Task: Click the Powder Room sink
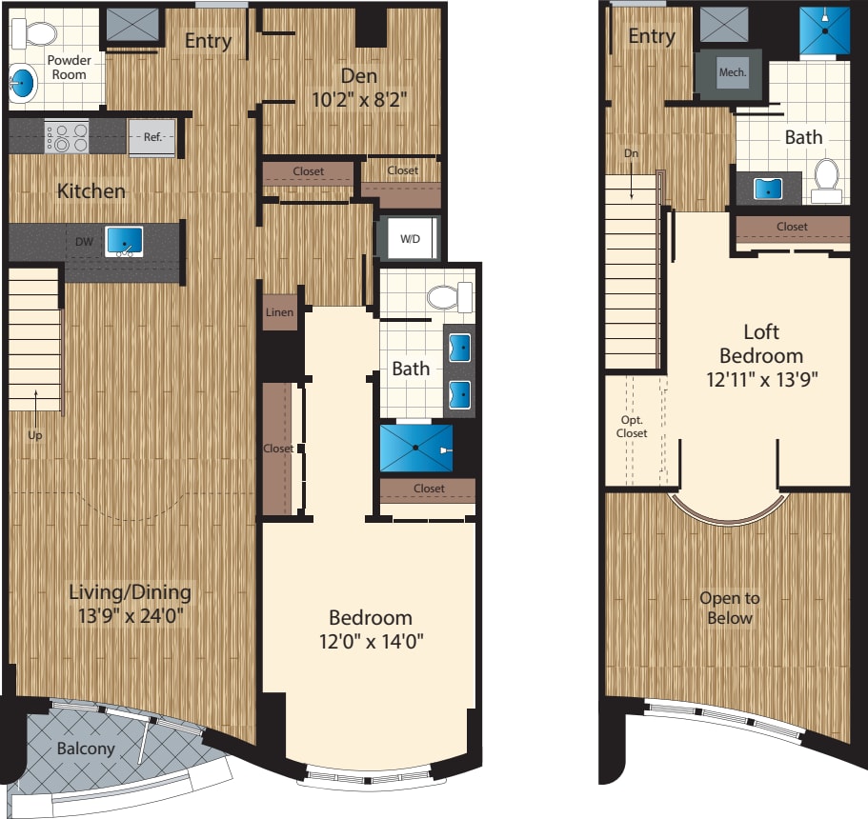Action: (x=25, y=87)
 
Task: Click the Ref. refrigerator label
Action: (x=152, y=137)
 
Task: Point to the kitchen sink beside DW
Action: (x=123, y=241)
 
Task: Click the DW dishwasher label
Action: (x=85, y=242)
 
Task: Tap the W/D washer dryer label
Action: (x=410, y=238)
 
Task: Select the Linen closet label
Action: (x=280, y=312)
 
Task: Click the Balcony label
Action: (x=85, y=749)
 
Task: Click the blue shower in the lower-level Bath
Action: (x=416, y=448)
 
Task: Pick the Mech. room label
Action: (x=733, y=72)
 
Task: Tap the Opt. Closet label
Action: (x=631, y=427)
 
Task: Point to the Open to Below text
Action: (x=730, y=608)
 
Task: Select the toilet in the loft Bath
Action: (x=826, y=178)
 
